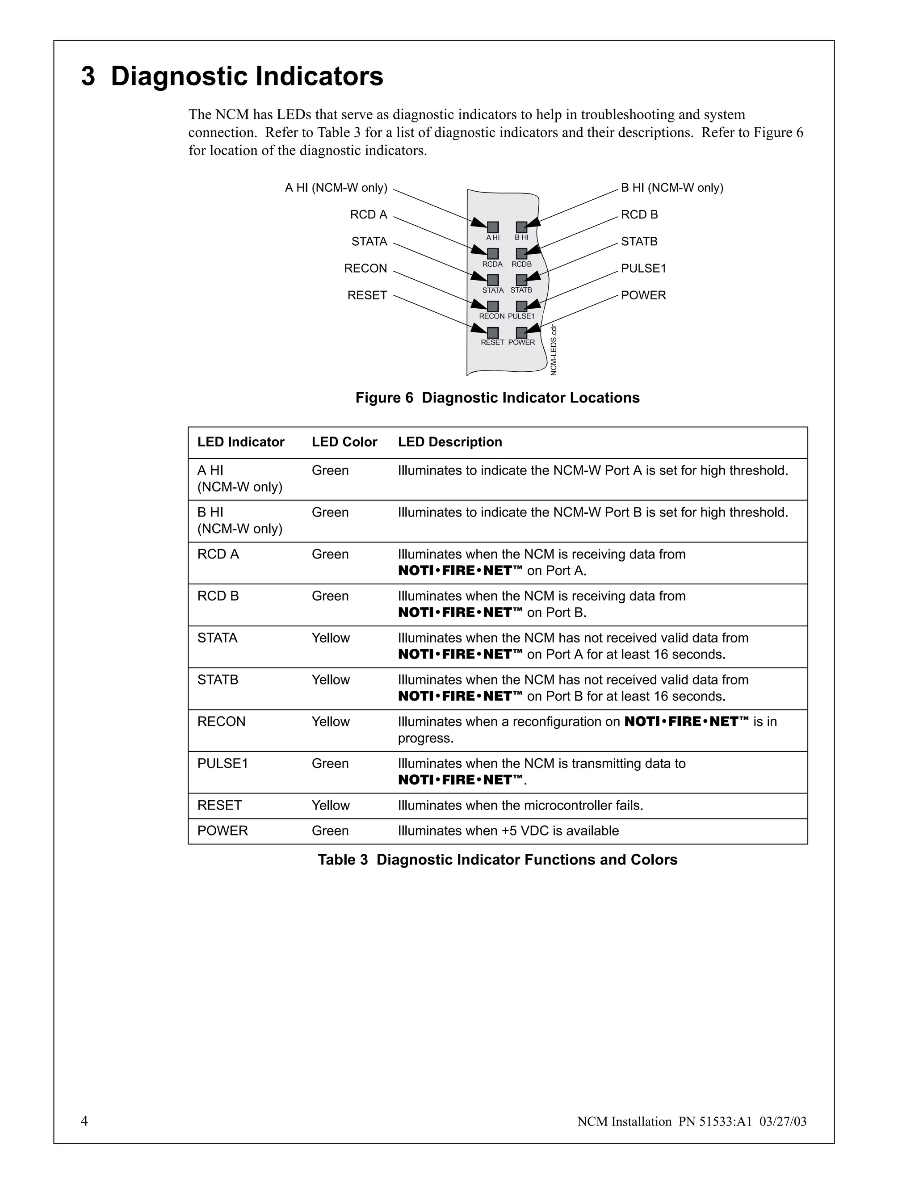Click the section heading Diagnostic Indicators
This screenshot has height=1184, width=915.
(x=232, y=76)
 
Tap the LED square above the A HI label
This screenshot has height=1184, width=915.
(x=493, y=227)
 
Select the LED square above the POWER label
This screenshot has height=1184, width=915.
(x=521, y=332)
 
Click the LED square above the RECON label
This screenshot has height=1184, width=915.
(x=493, y=306)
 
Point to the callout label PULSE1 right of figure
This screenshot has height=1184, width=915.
(x=643, y=269)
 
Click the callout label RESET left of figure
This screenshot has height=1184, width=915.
(x=367, y=295)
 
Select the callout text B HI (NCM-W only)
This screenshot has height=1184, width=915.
(x=672, y=188)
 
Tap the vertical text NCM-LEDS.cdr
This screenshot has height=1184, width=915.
(x=554, y=350)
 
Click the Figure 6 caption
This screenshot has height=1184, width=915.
(x=497, y=398)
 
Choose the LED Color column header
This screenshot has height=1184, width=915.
(x=344, y=442)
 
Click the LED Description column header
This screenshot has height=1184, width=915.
(x=450, y=442)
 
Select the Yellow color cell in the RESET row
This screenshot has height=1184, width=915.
(x=331, y=806)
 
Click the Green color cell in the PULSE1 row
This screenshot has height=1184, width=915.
(x=330, y=764)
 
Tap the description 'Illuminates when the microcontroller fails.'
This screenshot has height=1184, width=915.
(x=520, y=806)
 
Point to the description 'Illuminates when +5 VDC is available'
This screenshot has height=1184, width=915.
(x=508, y=831)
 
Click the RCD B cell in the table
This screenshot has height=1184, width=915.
(x=218, y=596)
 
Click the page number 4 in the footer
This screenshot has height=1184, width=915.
(x=84, y=1121)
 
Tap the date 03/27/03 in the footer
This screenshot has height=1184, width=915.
(x=783, y=1121)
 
